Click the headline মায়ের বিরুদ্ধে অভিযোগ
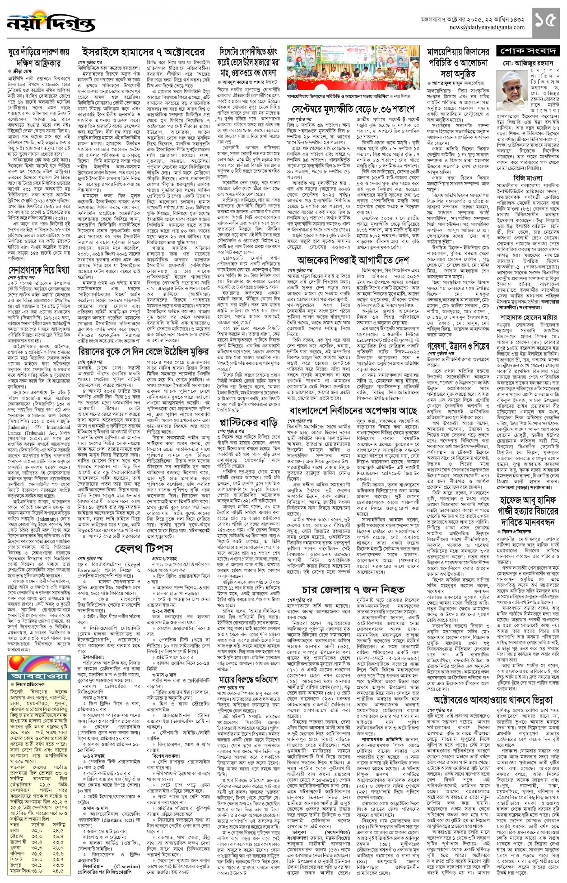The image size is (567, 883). click(x=248, y=679)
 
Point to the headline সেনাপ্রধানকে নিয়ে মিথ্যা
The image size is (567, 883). click(x=39, y=271)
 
